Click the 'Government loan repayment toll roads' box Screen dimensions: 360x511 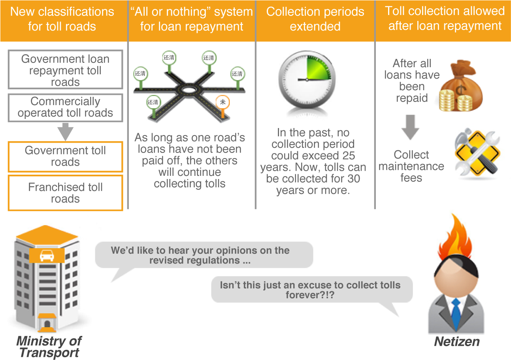pyautogui.click(x=65, y=70)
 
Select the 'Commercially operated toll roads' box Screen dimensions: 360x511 pyautogui.click(x=65, y=107)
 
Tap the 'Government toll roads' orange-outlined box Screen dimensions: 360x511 pyautogui.click(x=65, y=156)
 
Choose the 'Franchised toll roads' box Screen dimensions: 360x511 pyautogui.click(x=65, y=193)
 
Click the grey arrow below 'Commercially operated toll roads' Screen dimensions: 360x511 pyautogui.click(x=65, y=132)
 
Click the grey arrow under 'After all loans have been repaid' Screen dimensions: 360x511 pyautogui.click(x=411, y=128)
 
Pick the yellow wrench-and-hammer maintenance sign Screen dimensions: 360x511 pyautogui.click(x=476, y=152)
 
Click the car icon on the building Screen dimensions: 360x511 pyautogui.click(x=47, y=256)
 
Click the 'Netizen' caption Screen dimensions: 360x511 pyautogui.click(x=457, y=341)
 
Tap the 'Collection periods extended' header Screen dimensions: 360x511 pyautogui.click(x=315, y=19)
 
